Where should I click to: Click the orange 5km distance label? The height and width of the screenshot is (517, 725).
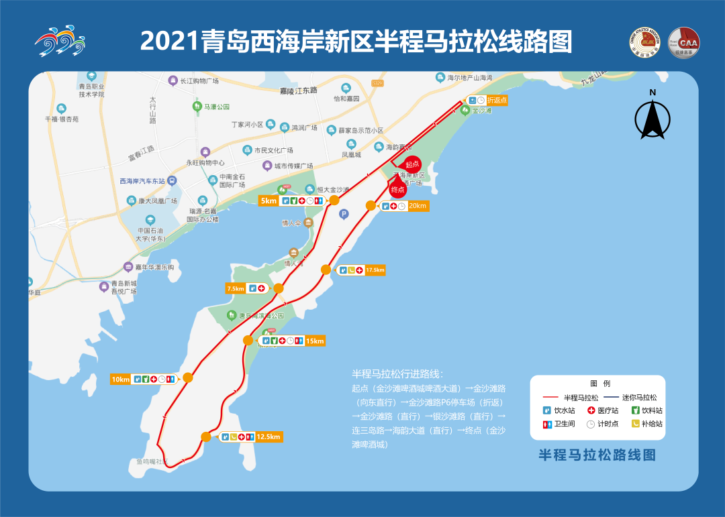coord(269,200)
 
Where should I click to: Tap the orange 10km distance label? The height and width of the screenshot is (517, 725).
coord(121,380)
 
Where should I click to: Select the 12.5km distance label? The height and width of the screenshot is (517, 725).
coord(268,437)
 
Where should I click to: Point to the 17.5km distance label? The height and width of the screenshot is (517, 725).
coord(375,270)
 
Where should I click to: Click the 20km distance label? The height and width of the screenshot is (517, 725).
coord(418,206)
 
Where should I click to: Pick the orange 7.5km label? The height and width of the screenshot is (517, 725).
coord(236,288)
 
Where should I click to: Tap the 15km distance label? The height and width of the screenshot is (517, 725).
coord(314,341)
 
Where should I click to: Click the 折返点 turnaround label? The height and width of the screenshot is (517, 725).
coord(497,101)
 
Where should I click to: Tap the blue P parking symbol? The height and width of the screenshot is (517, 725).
coord(344,214)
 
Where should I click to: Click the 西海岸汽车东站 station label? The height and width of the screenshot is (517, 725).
coord(142,181)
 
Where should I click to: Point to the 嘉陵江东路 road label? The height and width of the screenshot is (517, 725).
coord(299,89)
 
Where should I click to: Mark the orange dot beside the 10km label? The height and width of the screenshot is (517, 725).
coord(188,378)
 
